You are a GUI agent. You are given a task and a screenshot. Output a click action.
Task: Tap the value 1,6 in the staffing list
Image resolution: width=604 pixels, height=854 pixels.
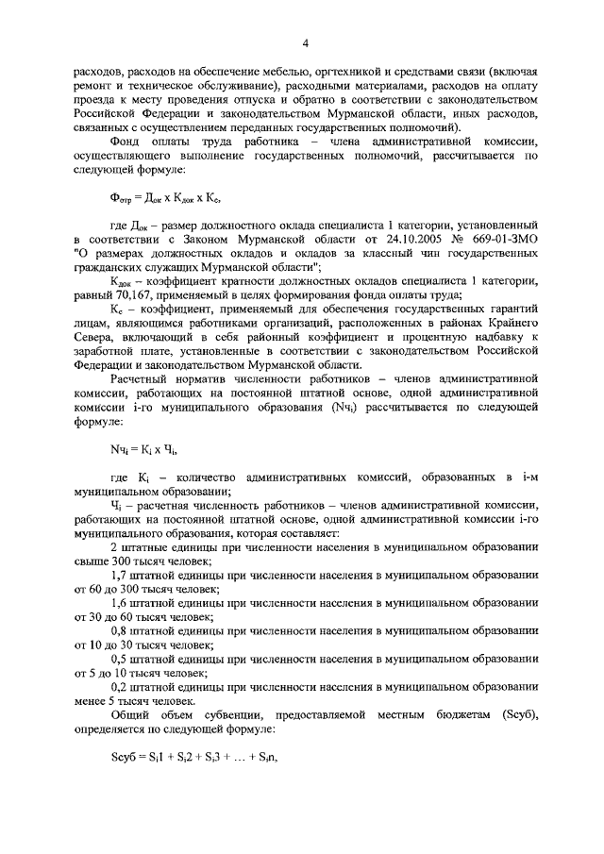click(119, 601)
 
